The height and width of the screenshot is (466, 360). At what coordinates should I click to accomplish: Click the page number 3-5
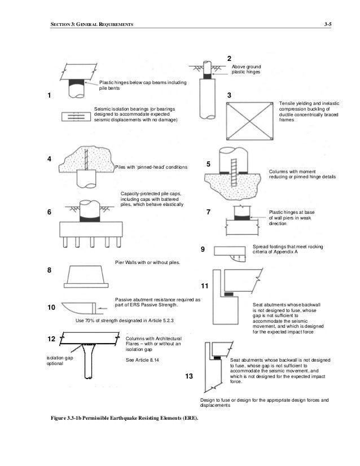click(x=327, y=25)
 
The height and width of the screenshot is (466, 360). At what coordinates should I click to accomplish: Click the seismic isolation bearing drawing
click(x=74, y=117)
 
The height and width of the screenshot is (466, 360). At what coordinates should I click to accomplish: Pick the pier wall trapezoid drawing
click(x=84, y=276)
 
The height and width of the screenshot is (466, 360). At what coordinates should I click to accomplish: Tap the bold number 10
click(x=50, y=308)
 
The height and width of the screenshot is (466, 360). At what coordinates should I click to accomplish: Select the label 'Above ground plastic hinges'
click(x=246, y=69)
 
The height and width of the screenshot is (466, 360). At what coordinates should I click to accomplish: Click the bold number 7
click(x=208, y=212)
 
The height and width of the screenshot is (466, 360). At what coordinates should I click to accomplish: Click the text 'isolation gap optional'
click(x=52, y=361)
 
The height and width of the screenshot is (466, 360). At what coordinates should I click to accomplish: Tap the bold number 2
click(x=229, y=58)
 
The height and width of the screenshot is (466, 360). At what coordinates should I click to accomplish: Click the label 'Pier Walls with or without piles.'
click(x=147, y=262)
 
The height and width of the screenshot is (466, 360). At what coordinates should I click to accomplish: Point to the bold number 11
click(x=204, y=286)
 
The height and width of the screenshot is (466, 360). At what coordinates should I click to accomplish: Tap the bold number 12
click(x=51, y=339)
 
